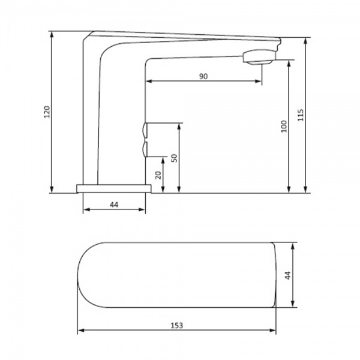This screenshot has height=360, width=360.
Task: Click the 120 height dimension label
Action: [x=47, y=112]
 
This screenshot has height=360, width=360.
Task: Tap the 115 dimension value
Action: [x=301, y=115]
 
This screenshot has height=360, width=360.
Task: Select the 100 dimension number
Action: [x=284, y=126]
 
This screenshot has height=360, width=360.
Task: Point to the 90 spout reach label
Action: [x=203, y=76]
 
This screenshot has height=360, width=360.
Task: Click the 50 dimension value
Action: [x=175, y=158]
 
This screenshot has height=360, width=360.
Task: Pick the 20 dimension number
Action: [x=158, y=175]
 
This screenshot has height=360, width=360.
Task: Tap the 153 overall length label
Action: [x=177, y=325]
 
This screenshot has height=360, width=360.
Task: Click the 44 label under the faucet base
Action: [x=114, y=205]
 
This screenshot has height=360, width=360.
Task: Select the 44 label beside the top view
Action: [x=287, y=275]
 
